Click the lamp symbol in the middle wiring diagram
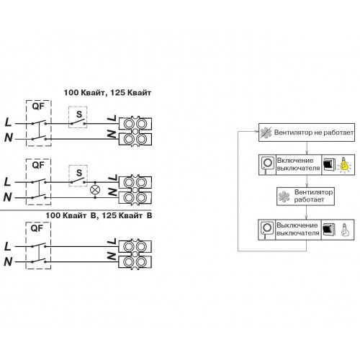click(95, 190)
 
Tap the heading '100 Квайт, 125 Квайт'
click(107, 93)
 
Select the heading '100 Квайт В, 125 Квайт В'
click(99, 215)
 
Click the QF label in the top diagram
click(38, 106)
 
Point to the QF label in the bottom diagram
click(37, 228)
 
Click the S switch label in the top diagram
click(79, 114)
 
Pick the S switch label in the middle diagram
click(79, 173)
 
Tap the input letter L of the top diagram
click(8, 122)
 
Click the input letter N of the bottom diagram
click(8, 261)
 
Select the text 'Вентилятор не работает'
click(314, 132)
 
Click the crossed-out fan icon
click(266, 132)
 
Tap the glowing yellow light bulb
click(344, 165)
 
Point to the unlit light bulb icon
click(345, 230)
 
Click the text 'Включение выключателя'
click(298, 164)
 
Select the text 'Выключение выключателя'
click(297, 229)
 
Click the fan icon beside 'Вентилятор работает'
click(284, 197)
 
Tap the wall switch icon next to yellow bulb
click(329, 165)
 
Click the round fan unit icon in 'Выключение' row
click(266, 229)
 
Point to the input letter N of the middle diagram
click(8, 197)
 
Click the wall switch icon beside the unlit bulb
click(328, 230)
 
